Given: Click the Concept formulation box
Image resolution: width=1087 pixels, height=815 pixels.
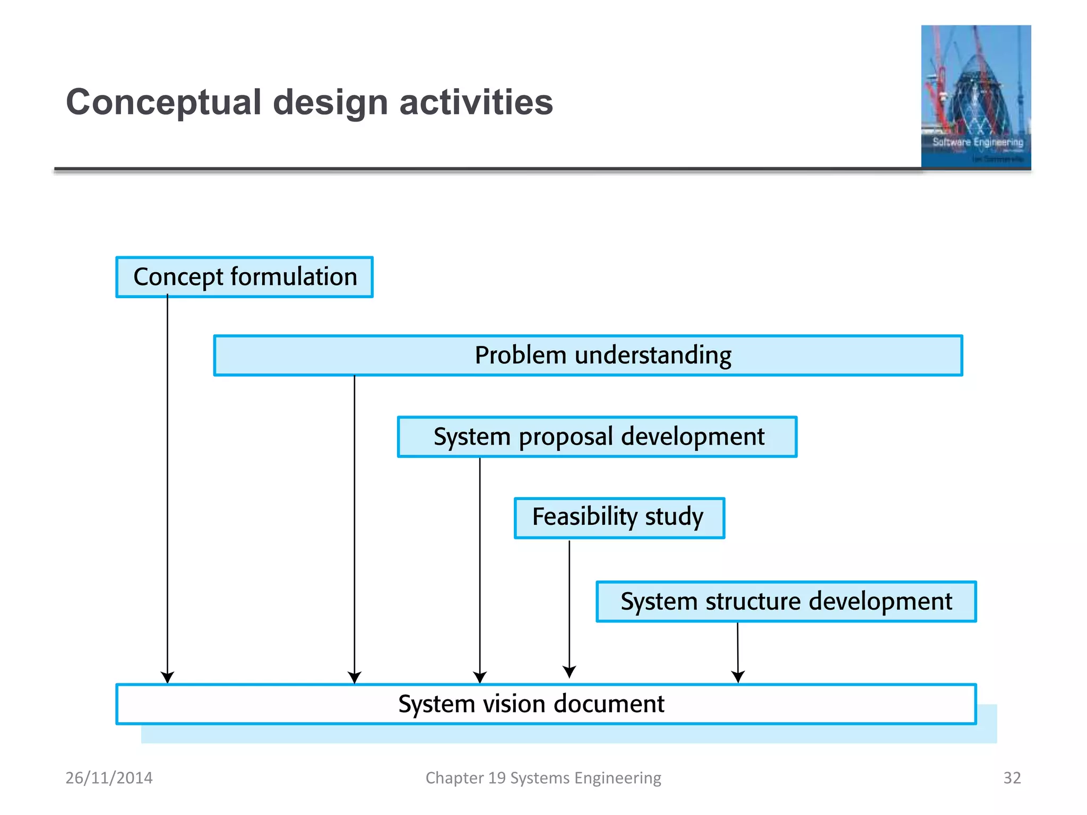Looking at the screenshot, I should click(244, 277).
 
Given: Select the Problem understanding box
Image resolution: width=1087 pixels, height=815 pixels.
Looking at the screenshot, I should click(588, 356).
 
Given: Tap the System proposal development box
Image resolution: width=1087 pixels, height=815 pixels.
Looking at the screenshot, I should click(597, 437).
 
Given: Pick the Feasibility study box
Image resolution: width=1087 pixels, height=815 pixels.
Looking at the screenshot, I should click(619, 518).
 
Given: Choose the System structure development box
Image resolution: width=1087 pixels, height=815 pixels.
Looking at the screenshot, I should click(786, 602).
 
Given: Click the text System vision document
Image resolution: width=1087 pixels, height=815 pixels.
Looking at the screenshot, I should click(531, 704).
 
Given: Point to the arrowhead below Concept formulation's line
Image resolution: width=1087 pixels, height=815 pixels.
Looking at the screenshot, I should click(168, 678).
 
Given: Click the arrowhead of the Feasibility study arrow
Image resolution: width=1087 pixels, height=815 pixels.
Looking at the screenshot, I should click(570, 672).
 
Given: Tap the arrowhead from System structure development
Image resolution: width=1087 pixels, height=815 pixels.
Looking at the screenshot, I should click(738, 677).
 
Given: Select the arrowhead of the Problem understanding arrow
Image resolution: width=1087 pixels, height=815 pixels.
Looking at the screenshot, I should click(355, 678).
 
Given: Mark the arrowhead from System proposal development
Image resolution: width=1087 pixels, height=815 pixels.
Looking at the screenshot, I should click(480, 678).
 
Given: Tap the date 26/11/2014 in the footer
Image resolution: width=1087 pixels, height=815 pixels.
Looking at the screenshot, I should click(109, 778).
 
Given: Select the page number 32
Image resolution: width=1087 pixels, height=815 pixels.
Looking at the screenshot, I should click(1012, 778).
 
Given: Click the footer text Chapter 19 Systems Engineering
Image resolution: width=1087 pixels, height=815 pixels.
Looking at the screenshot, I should click(543, 778).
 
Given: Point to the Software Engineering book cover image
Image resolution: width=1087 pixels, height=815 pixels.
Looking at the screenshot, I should click(976, 97).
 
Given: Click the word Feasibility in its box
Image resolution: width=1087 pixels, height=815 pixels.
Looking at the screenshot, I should click(585, 517).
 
